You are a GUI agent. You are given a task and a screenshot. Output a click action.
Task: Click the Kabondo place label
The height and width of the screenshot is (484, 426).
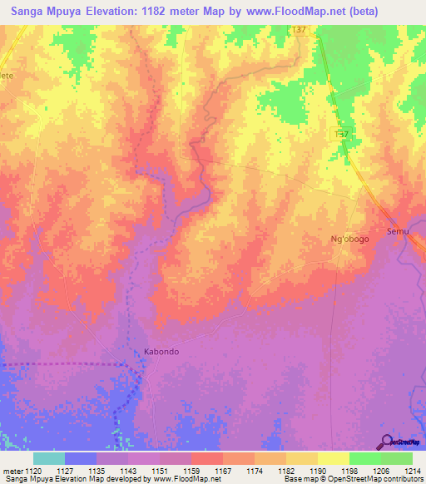point(161,351)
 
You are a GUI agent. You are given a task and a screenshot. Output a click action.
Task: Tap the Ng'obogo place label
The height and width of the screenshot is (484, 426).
point(349,239)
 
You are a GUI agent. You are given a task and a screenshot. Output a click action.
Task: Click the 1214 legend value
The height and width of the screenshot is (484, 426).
point(413,472)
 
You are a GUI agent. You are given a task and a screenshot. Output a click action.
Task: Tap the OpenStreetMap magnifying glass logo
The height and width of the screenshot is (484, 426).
point(387,442)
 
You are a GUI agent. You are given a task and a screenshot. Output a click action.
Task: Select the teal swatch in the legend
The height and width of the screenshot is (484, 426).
point(48,458)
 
